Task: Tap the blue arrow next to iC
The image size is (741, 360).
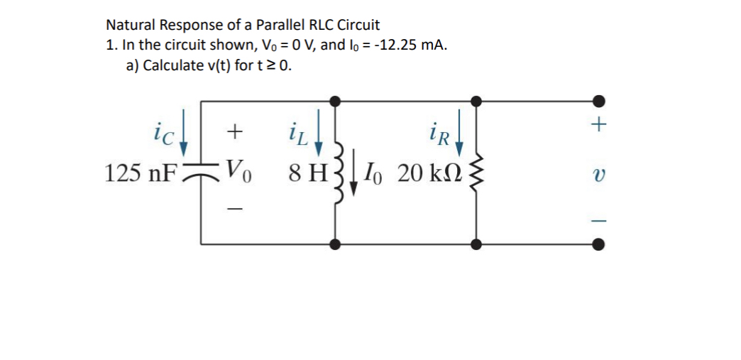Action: pyautogui.click(x=183, y=131)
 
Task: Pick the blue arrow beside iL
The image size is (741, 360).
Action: pyautogui.click(x=319, y=131)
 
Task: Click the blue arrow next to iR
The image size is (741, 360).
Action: pyautogui.click(x=461, y=131)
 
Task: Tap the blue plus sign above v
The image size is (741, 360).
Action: pyautogui.click(x=599, y=125)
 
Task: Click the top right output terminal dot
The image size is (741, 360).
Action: pyautogui.click(x=599, y=101)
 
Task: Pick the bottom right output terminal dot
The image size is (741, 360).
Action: pyautogui.click(x=599, y=245)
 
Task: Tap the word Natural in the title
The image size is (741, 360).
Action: pyautogui.click(x=131, y=25)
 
